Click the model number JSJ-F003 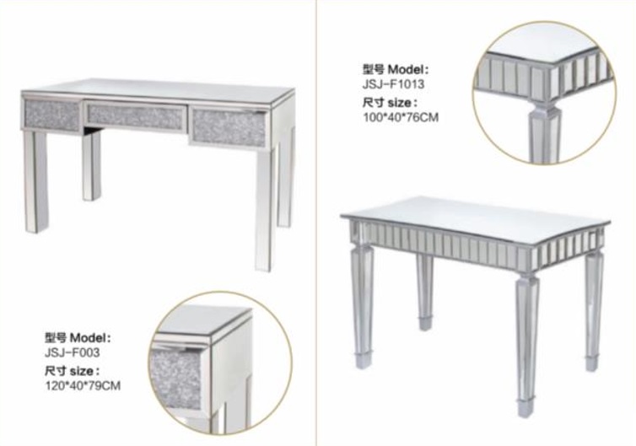coord(72,352)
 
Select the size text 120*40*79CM coord(83,385)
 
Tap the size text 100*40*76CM coord(401,117)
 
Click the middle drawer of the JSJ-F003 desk coord(135,116)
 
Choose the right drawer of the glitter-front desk coord(229,127)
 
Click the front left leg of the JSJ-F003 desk coord(35,180)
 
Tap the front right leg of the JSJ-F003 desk coord(266,207)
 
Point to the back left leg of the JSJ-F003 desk coord(92,165)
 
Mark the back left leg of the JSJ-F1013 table coord(424,291)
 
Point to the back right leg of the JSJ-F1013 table coord(593,309)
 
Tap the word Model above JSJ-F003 coord(89,337)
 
